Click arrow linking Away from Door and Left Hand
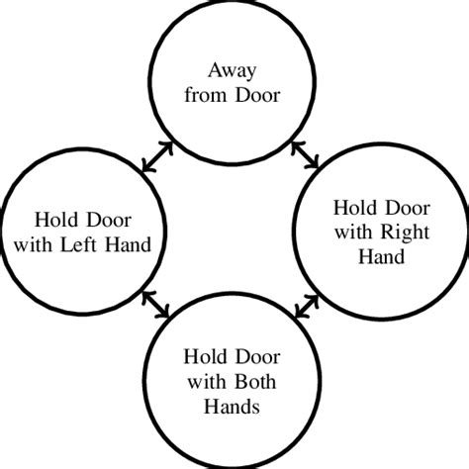coord(158,156)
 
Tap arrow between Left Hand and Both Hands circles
coord(158,306)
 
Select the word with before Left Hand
coord(55,244)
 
